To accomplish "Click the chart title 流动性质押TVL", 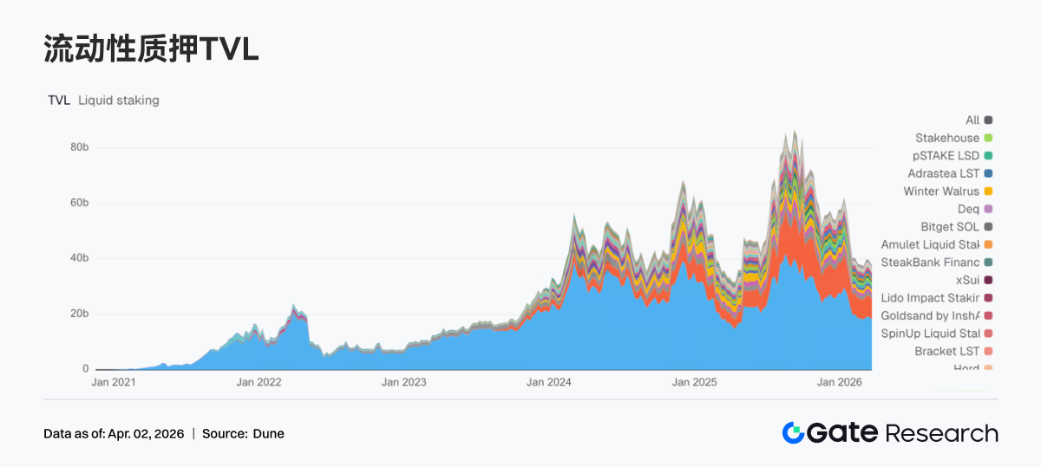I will click(152, 50).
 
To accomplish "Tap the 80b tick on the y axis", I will click(80, 147).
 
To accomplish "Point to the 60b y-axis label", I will click(80, 203).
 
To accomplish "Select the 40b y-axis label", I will click(80, 258).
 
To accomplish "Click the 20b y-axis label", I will click(80, 314).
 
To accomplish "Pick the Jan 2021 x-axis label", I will click(114, 382).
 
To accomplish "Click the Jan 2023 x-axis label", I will click(403, 382).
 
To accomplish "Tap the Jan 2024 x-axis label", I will click(548, 382).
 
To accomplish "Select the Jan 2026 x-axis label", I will click(839, 382).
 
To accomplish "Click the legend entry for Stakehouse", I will click(947, 138).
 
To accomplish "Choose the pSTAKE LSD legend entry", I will click(946, 156).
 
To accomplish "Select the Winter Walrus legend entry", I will click(941, 191).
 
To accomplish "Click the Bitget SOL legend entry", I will click(950, 227).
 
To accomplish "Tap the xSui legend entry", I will click(967, 280).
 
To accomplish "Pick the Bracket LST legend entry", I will click(946, 351).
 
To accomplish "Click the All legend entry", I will click(972, 120).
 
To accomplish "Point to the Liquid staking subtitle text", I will click(119, 101).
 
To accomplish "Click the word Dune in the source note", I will click(268, 434).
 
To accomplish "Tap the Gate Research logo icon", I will click(793, 433).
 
